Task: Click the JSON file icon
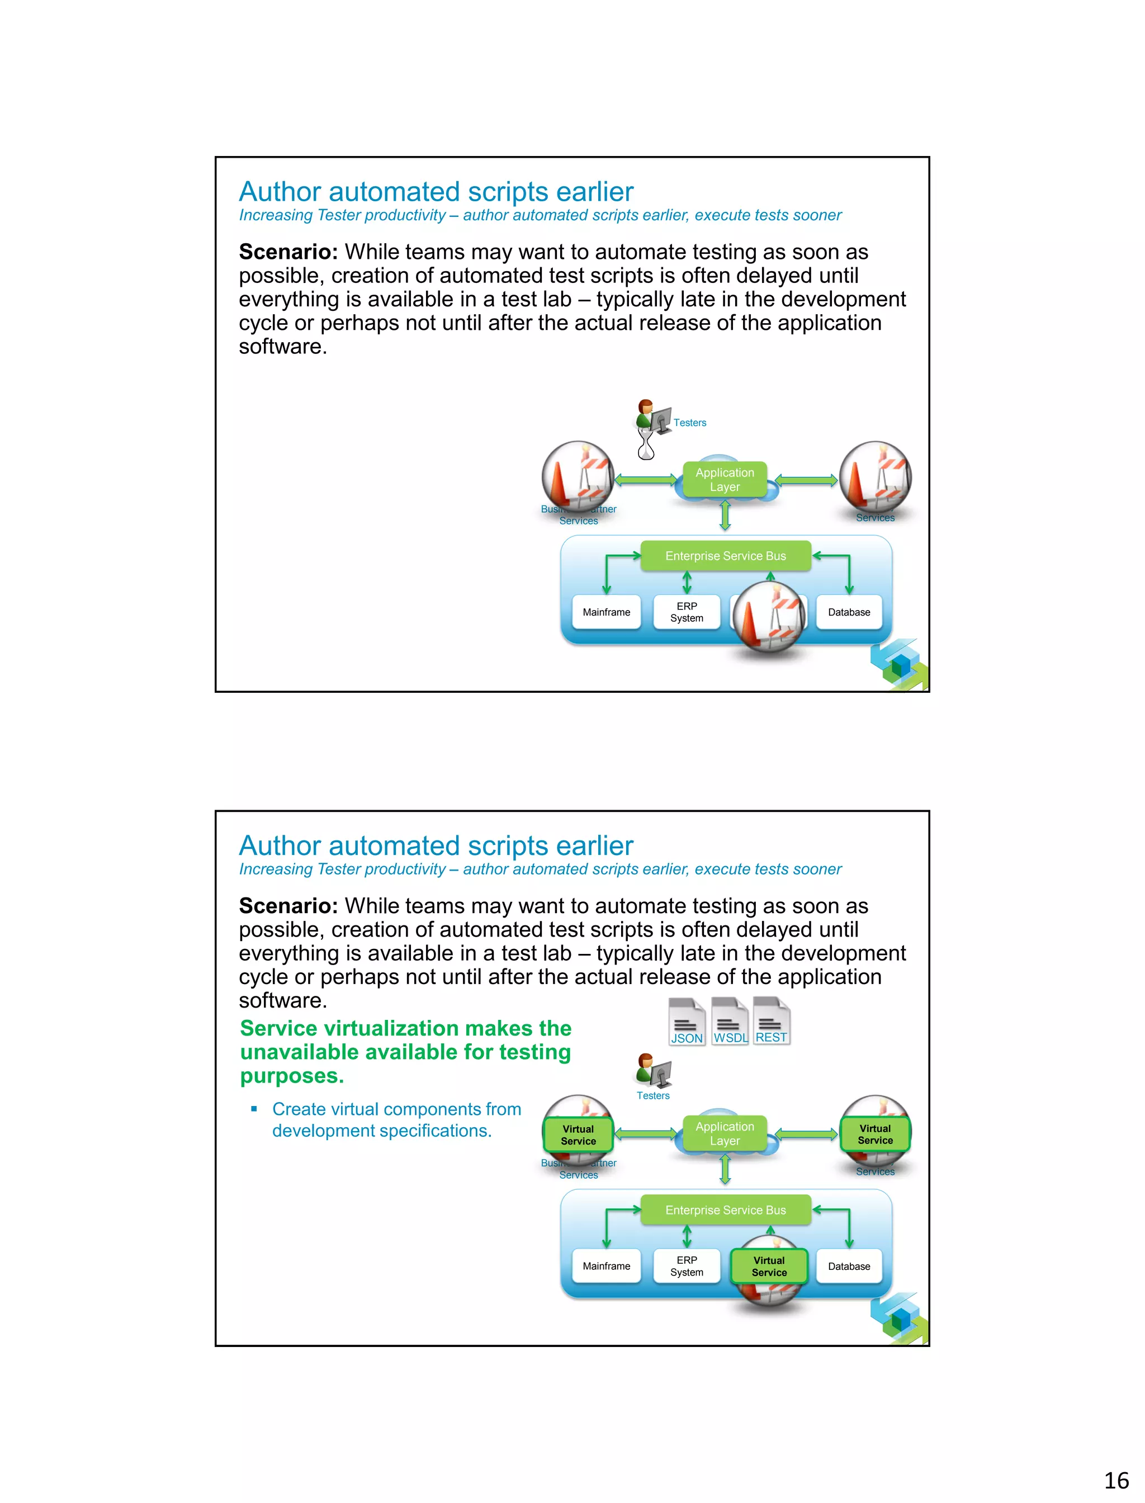[687, 1021]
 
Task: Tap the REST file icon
[772, 1021]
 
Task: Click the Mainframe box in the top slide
[606, 612]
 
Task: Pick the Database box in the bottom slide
[849, 1266]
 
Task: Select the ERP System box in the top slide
[687, 612]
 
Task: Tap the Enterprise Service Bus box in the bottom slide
[725, 1210]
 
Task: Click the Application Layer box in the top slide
[725, 479]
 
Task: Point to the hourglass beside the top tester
[645, 445]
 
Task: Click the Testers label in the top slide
[690, 423]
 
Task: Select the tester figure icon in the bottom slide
[653, 1071]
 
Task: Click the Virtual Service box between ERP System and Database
[769, 1266]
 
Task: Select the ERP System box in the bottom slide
[687, 1266]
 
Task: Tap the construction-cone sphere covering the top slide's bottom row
[769, 616]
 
